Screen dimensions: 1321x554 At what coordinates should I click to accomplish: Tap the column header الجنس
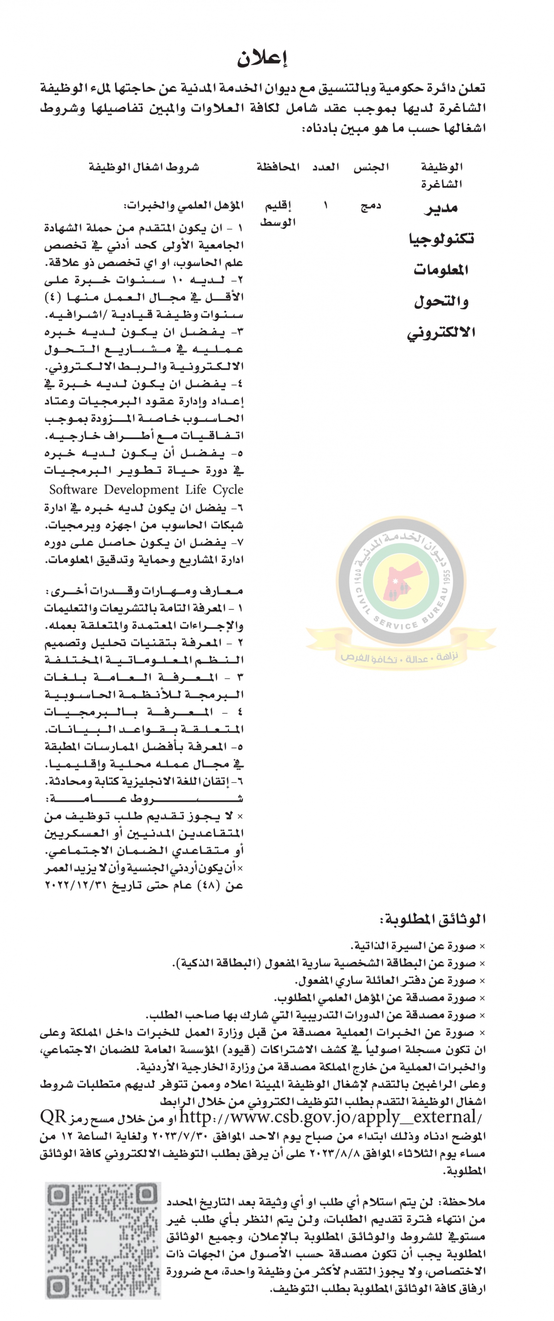371,167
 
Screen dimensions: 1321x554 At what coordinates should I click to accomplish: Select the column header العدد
326,167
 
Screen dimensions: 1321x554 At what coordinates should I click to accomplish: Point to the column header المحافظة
278,167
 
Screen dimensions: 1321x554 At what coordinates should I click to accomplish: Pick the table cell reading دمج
371,206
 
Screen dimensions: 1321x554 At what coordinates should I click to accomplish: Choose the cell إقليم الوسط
277,214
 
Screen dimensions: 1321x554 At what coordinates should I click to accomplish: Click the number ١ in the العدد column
326,206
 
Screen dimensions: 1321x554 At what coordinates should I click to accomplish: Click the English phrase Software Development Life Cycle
146,490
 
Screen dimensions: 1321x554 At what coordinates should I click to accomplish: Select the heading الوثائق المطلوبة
433,919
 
